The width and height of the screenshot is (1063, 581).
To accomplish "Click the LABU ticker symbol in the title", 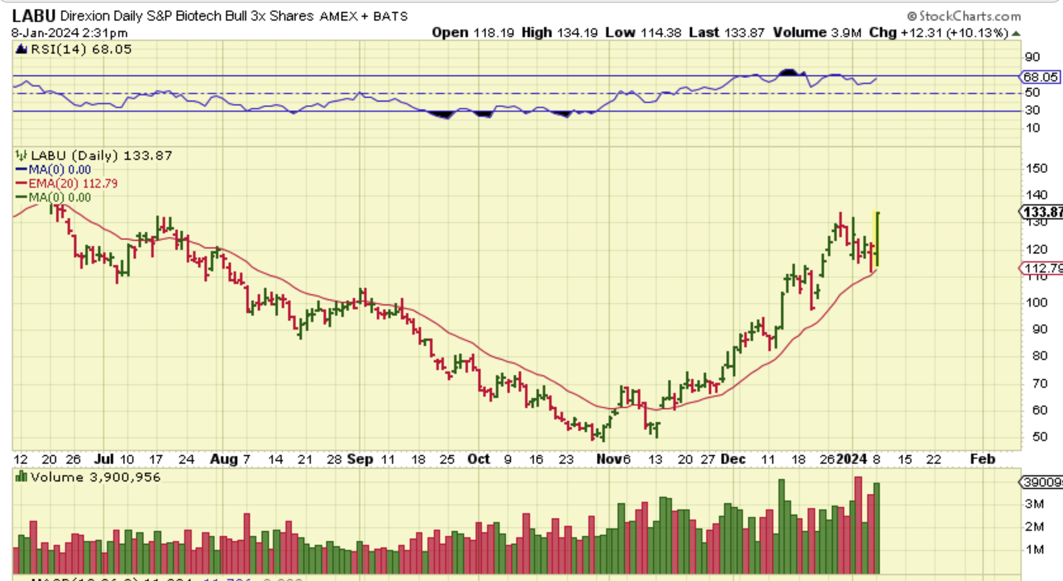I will (33, 16).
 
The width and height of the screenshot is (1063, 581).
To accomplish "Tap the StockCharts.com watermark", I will (964, 16).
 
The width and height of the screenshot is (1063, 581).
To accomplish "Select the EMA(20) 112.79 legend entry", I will (73, 183).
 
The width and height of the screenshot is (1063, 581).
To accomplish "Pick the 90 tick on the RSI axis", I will (1032, 57).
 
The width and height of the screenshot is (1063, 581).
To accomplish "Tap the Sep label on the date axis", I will (360, 459).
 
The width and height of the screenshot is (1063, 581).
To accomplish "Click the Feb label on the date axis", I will (982, 459).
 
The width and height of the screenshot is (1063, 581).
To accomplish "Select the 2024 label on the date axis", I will (852, 459).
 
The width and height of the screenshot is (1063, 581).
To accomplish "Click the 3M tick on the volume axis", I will (1034, 504).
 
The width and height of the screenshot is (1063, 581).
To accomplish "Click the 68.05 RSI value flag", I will (1040, 77).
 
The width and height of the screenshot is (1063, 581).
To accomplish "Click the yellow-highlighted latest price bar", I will (876, 239).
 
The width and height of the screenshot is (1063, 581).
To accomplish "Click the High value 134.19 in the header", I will (577, 33).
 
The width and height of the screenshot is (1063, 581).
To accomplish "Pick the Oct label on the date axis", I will (478, 459).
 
